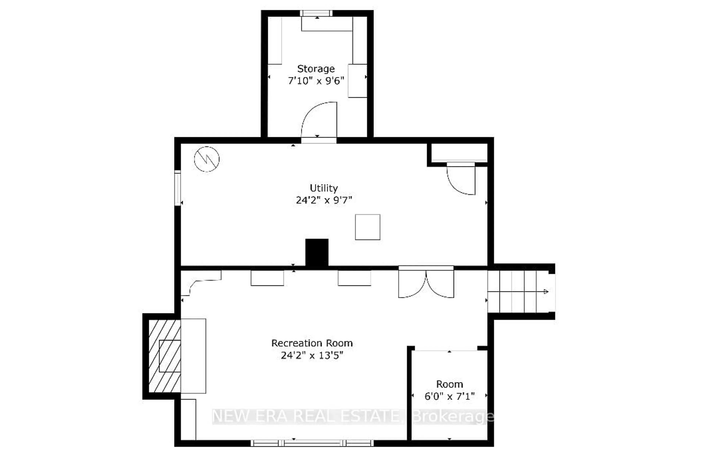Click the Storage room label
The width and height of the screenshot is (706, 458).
(316, 69)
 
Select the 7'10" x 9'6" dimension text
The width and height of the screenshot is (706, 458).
(316, 81)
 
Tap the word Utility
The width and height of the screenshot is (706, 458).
(324, 188)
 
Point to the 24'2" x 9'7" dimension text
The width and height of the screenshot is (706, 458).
(324, 200)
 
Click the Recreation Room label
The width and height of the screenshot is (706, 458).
(312, 343)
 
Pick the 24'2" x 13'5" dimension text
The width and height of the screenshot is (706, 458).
(312, 355)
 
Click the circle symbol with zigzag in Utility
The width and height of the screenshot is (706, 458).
(207, 159)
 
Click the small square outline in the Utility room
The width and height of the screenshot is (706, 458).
(368, 227)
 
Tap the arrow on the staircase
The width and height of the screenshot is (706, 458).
(545, 292)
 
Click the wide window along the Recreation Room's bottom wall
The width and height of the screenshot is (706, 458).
(312, 443)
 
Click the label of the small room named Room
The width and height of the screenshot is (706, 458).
(449, 384)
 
